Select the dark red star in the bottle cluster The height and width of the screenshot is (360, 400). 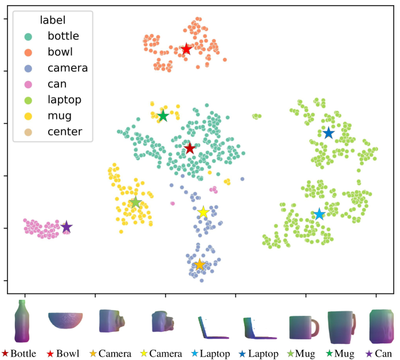190,148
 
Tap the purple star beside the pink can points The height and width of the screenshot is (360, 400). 66,227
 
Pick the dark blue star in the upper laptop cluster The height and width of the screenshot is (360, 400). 328,133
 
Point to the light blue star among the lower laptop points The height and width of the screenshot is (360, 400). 320,214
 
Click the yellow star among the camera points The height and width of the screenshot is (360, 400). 203,212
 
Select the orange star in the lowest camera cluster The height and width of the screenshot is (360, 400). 199,264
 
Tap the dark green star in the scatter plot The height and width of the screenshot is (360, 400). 163,116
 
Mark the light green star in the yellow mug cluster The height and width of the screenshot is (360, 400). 135,202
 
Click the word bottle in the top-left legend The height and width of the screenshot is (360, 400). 63,36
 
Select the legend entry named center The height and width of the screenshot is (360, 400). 65,132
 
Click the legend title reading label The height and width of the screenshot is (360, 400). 52,20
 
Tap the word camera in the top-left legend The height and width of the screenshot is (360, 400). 68,68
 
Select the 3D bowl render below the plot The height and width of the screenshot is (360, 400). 65,320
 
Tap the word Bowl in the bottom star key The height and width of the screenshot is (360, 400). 68,354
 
